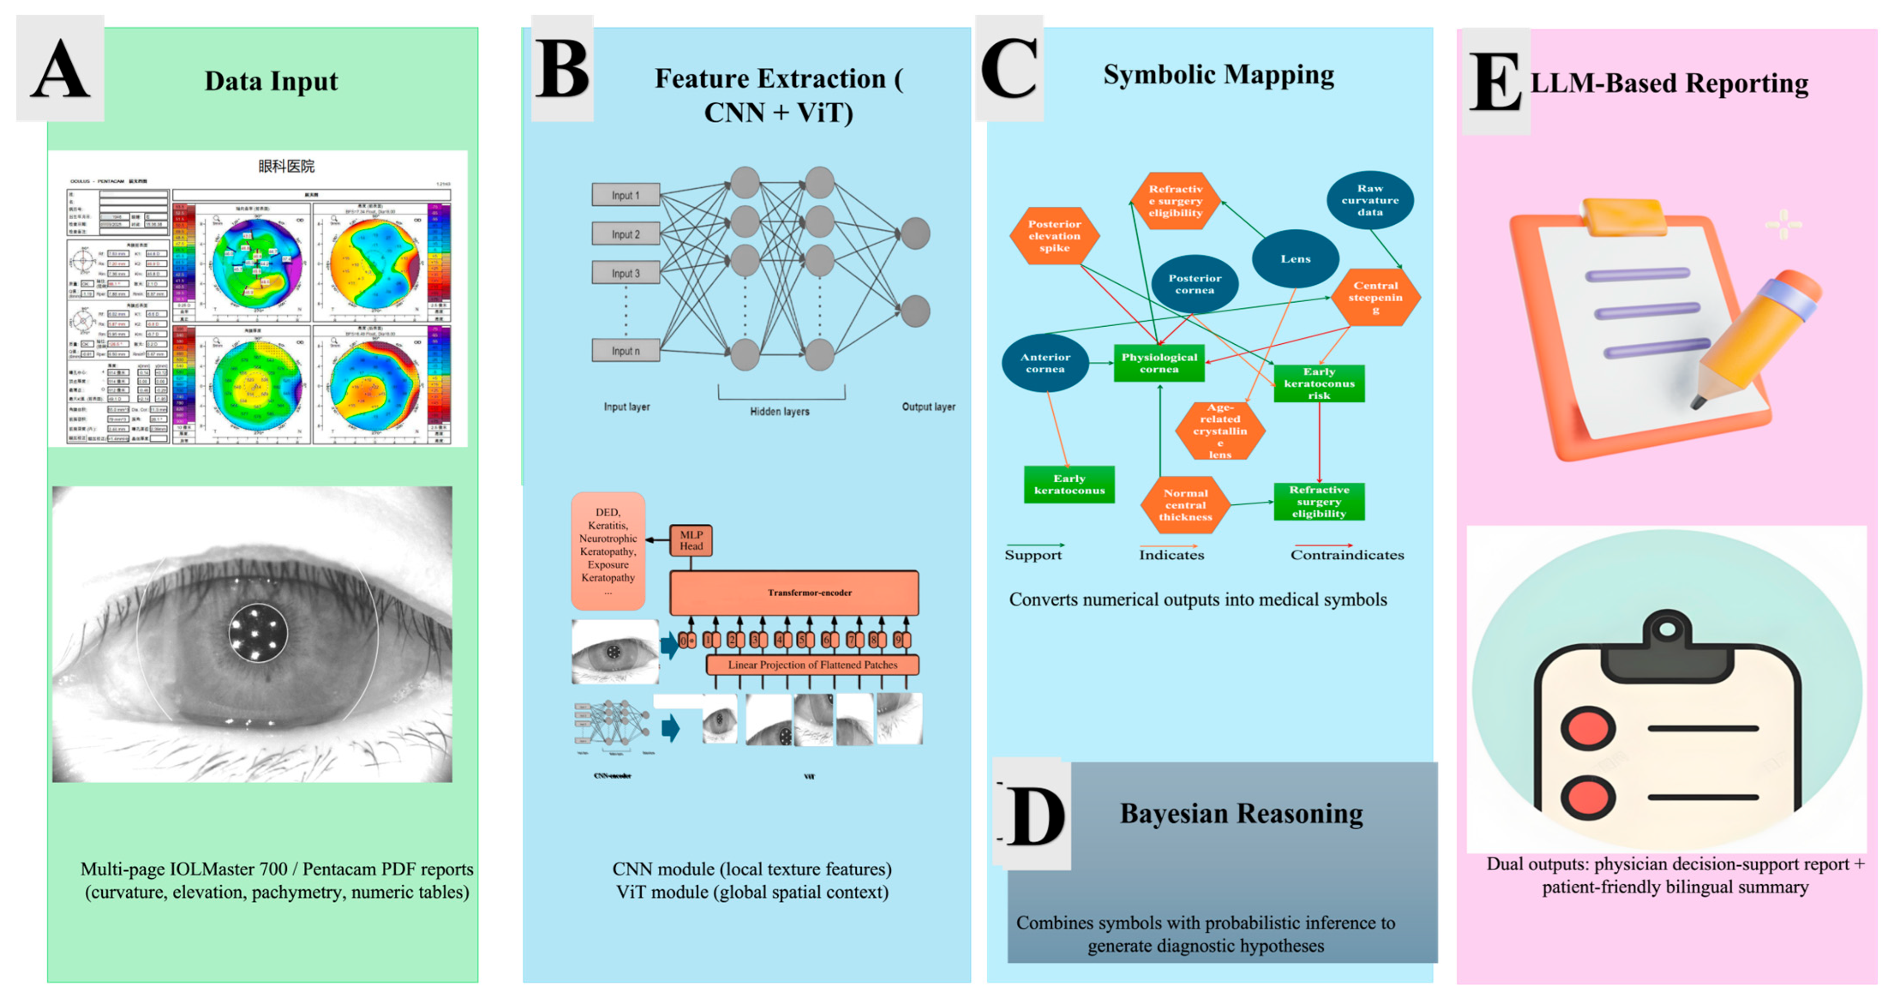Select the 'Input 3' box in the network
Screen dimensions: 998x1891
[625, 273]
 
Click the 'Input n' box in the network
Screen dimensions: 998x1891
[625, 351]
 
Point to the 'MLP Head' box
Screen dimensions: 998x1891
[691, 541]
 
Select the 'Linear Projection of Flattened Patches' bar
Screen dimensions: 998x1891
[812, 665]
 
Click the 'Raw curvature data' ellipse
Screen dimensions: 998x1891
[1370, 200]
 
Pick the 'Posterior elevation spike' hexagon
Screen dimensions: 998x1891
[1054, 236]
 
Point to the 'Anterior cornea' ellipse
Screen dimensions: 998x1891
[1045, 363]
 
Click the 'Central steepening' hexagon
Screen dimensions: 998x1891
[1376, 297]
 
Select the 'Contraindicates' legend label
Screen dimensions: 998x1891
[1347, 555]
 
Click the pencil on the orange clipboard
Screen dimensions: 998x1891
[1762, 338]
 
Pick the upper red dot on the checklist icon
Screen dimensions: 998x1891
[1588, 729]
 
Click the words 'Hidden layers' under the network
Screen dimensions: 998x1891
[780, 411]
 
